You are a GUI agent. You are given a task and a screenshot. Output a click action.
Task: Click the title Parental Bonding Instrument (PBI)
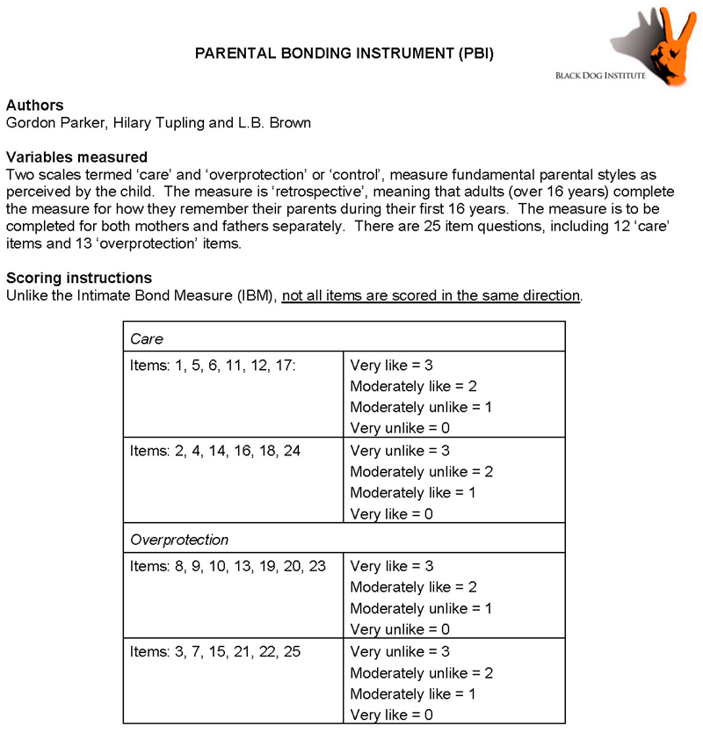point(344,54)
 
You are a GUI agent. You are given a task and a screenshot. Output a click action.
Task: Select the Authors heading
point(34,105)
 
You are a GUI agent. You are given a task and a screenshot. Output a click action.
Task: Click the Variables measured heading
point(76,157)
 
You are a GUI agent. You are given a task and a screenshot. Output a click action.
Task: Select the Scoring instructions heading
point(79,278)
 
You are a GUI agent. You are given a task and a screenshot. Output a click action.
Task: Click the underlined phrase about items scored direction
point(431,295)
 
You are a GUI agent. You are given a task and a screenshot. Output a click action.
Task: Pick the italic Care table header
point(147,338)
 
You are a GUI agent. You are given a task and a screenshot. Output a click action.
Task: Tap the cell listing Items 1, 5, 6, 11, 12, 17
point(214,365)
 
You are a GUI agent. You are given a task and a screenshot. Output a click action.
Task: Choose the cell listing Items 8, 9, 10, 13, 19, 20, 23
point(228,566)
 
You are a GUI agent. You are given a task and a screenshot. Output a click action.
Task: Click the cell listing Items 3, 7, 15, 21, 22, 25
point(220,651)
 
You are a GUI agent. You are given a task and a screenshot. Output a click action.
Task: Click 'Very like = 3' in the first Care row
point(392,365)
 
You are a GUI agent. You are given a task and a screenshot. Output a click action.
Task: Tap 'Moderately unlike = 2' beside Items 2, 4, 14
point(422,471)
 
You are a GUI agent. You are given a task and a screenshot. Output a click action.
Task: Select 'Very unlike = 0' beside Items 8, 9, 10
point(400,629)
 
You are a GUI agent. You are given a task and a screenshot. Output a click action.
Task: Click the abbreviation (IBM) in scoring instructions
point(255,295)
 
